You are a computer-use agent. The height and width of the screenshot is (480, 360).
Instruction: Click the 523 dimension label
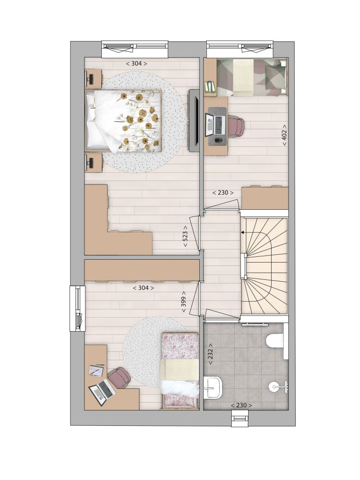185,237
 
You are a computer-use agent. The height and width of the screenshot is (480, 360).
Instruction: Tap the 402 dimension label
284,135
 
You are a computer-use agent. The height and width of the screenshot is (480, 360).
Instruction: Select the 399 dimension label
184,301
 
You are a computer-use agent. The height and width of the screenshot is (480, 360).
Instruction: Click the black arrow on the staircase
243,233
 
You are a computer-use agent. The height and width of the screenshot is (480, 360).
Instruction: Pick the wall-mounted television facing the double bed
194,120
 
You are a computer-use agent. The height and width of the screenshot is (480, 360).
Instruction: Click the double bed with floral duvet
123,120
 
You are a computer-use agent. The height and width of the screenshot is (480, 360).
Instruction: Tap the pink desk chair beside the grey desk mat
236,125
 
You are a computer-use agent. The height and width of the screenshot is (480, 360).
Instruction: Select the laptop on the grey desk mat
216,125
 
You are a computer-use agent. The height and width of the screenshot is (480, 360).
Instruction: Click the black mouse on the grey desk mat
218,141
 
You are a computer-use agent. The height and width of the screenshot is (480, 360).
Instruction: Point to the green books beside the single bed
210,86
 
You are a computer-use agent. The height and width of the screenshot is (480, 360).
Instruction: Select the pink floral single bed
180,371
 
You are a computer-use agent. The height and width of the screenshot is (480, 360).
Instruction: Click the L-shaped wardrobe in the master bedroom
118,220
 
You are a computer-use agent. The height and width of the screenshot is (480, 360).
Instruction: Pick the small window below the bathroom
240,418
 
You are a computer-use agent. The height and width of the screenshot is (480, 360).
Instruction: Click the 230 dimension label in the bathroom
241,405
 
